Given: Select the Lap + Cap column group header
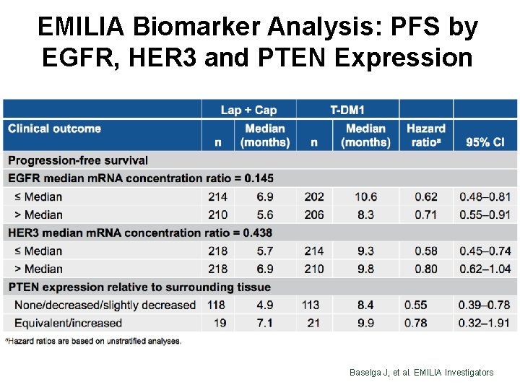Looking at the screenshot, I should point(248,110).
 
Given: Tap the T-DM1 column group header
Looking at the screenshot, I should point(347,110).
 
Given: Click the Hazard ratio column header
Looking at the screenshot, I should point(426,135).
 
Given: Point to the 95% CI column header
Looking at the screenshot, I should point(485,142).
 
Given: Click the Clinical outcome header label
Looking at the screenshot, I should point(54,129).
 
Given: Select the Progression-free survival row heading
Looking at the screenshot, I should point(78,160).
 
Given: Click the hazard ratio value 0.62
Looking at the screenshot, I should point(426,196).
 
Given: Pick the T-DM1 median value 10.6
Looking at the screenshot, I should point(365,196).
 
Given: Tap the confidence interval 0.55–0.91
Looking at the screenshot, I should point(485,214).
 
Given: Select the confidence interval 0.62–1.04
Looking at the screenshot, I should point(485,269).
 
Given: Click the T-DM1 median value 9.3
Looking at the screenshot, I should point(365,251).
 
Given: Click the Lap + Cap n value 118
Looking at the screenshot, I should point(217,305).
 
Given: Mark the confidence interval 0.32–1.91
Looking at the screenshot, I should point(485,323).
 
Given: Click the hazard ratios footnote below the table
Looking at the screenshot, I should point(94,341).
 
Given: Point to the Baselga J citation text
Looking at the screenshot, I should point(422,372).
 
